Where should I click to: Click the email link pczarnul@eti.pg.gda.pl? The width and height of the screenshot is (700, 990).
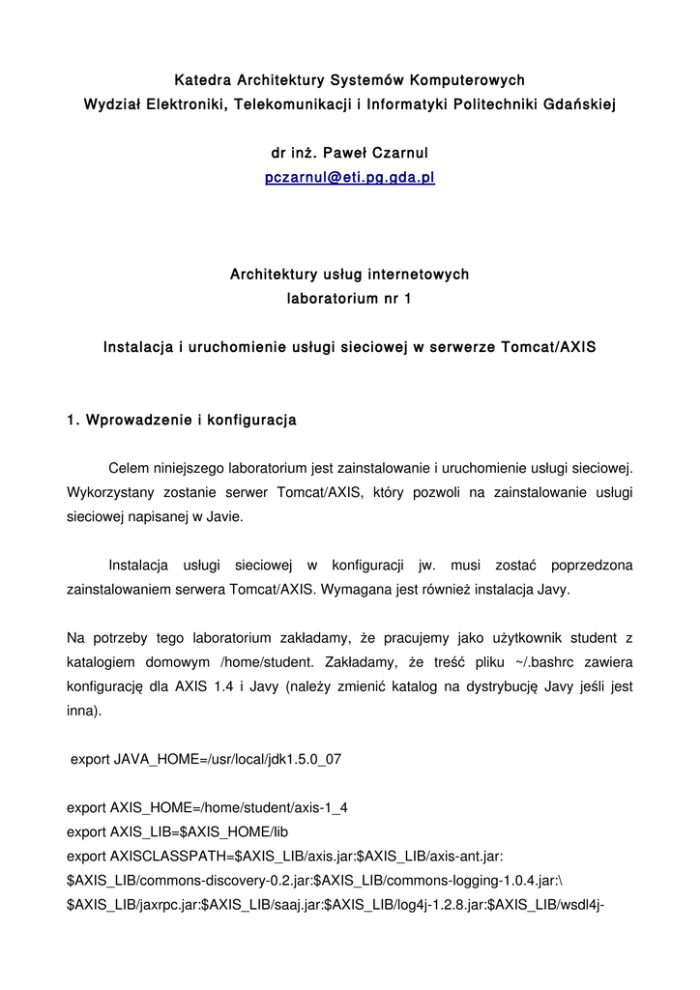point(349,179)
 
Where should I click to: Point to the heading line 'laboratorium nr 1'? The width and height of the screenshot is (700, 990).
point(349,299)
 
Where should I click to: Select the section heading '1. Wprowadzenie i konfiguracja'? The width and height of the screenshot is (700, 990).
point(182,421)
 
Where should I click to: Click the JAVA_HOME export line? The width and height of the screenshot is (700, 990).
point(206,759)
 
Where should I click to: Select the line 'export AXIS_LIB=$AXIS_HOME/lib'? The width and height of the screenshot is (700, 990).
point(178,830)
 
